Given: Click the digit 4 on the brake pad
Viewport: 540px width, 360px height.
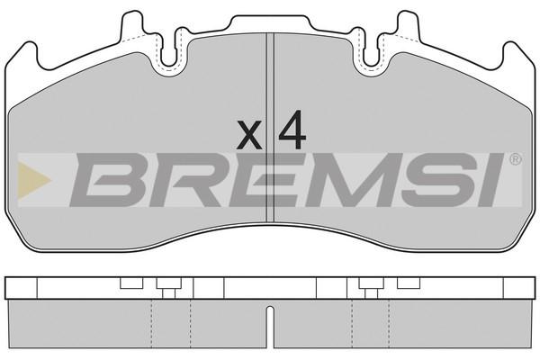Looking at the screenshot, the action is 292,130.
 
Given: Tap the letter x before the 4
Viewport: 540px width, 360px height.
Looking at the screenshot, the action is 249,135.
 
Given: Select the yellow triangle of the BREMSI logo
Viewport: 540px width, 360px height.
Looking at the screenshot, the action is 33,180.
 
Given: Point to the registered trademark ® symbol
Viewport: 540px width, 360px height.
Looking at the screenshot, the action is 515,159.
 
